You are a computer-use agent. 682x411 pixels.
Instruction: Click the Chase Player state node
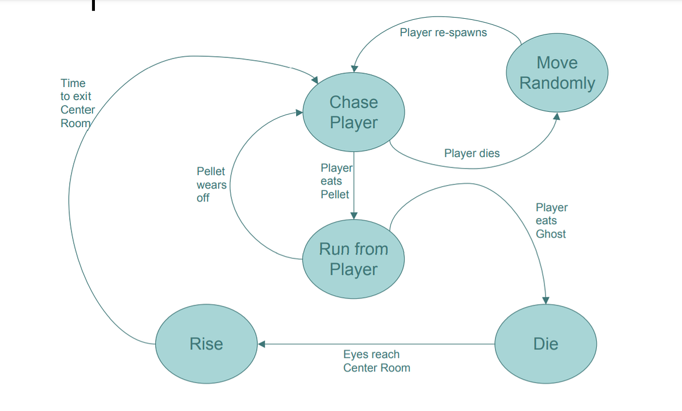(354, 112)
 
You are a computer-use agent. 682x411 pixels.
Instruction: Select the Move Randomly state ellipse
(557, 73)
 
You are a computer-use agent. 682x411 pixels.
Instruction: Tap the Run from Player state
(354, 259)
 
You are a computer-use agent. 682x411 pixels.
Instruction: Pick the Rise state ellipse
(206, 343)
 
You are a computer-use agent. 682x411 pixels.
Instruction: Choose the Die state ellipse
(546, 343)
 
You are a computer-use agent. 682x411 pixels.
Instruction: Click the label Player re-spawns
(443, 32)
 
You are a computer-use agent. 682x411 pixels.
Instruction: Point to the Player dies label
(472, 153)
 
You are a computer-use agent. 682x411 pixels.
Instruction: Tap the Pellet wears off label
(211, 184)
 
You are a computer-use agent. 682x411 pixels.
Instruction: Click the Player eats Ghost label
(551, 221)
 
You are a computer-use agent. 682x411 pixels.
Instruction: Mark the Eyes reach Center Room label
(376, 361)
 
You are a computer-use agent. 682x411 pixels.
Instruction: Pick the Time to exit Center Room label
(77, 103)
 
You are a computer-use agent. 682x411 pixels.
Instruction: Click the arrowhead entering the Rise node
(261, 343)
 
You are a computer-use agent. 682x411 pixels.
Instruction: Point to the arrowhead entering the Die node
(546, 300)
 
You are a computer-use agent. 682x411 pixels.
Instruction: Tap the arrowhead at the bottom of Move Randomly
(557, 116)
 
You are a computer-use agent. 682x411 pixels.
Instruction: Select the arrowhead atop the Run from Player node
(354, 215)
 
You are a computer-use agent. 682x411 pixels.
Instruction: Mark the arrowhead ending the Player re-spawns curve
(354, 68)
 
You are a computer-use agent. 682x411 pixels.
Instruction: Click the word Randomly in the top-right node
(557, 83)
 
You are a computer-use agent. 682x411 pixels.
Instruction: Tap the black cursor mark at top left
(93, 6)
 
